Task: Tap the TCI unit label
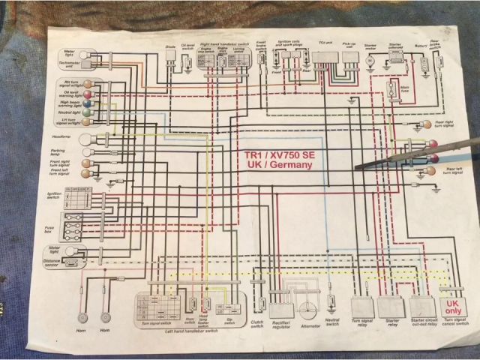pos(325,44)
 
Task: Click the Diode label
pos(170,46)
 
